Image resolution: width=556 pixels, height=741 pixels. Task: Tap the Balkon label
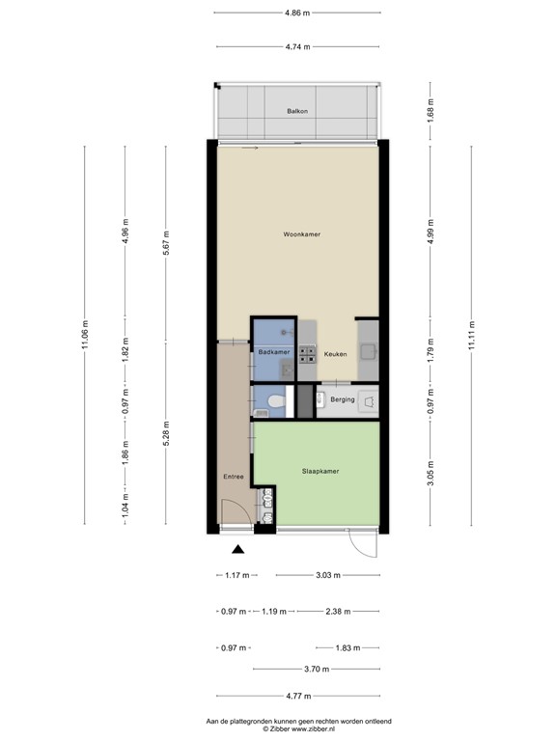click(x=297, y=112)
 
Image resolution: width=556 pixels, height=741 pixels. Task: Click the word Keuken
click(x=334, y=354)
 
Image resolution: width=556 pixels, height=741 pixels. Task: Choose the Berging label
click(x=343, y=399)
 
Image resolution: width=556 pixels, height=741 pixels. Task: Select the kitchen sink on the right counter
click(x=368, y=352)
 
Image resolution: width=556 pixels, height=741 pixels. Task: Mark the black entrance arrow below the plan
click(x=237, y=550)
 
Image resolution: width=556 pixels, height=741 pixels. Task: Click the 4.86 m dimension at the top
click(x=297, y=14)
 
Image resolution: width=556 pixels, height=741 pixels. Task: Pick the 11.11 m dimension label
click(x=471, y=336)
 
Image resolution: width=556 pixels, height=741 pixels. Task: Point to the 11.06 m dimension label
click(x=85, y=335)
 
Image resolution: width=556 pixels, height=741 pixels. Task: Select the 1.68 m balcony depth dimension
click(x=431, y=111)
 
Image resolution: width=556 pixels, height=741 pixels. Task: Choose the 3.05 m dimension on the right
click(x=431, y=475)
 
